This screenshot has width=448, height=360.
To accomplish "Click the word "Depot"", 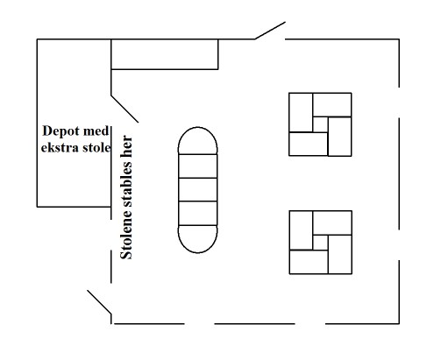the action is coord(60,131).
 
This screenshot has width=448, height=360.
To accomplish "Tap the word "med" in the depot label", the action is coord(96,131).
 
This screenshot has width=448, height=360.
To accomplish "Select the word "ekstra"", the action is coord(60,147).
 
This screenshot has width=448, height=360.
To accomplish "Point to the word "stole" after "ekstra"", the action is coord(96,147).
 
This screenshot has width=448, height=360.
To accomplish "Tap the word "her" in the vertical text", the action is coord(126,145).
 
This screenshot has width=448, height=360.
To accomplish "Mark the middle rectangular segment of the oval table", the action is coord(197,189).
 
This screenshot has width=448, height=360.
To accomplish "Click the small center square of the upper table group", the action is coord(320,124).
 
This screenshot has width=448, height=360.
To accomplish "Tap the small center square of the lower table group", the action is coord(320,243).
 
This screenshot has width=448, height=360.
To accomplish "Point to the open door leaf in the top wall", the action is coord(270,31).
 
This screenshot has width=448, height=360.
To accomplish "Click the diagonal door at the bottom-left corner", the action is coord(99,302).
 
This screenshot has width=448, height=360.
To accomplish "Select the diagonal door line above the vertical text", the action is coord(124,109).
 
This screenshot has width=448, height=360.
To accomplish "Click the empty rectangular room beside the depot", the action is coord(165,54).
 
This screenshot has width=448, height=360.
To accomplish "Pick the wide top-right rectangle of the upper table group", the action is coord(332,105).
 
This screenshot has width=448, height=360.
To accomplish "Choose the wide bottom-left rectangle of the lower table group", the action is coord(309,262).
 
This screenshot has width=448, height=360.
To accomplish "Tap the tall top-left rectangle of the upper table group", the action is coord(301,112).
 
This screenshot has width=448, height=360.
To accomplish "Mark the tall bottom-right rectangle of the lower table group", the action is coord(340,254).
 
